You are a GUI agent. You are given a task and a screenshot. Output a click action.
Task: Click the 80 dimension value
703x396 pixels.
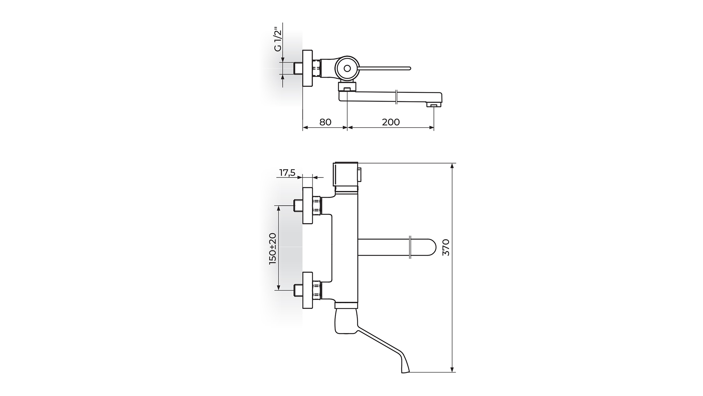[325, 122]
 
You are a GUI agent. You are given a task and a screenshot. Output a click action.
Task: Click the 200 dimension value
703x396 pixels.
[391, 122]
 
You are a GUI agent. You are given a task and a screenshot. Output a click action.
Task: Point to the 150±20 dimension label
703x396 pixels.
[273, 249]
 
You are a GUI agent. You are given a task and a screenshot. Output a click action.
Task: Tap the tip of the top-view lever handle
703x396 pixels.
[410, 68]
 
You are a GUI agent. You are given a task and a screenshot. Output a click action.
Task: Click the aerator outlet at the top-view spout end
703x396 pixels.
[434, 106]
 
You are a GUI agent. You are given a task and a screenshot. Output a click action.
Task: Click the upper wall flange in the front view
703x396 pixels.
[308, 205]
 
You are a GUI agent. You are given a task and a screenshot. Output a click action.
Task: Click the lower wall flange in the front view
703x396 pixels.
[308, 290]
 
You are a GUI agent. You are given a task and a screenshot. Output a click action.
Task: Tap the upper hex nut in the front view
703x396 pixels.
[317, 205]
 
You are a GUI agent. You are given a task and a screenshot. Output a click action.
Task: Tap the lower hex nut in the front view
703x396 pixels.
[317, 290]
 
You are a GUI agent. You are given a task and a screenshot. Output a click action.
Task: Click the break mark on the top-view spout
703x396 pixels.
[397, 97]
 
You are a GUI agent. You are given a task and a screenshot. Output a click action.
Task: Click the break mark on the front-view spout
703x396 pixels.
[410, 247]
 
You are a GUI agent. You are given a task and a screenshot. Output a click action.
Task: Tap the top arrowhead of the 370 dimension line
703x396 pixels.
[453, 165]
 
